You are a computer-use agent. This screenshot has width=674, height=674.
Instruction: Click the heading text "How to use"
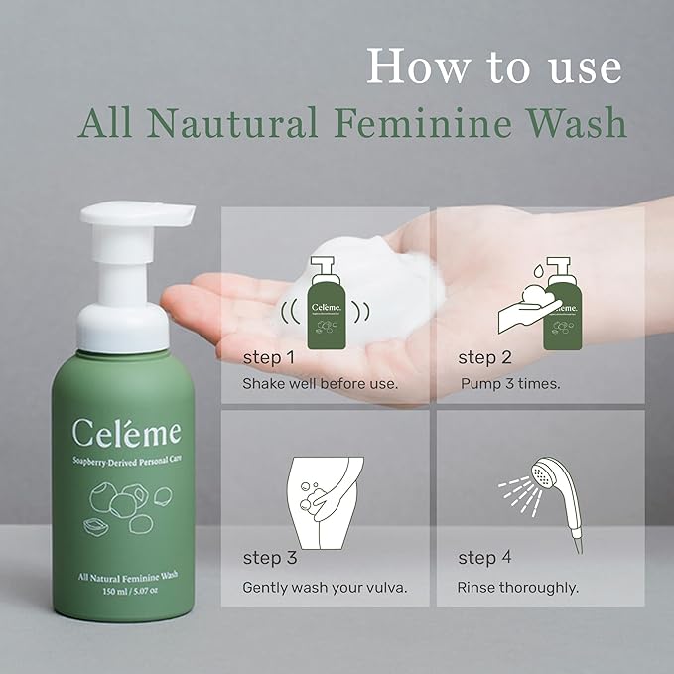pos(493,67)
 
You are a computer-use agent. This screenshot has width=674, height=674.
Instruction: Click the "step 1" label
pos(268,357)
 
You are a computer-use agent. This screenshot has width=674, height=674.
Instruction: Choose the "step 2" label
pos(483,357)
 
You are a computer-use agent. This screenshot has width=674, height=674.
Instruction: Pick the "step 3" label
pos(269,559)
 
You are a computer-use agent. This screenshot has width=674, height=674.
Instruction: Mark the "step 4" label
pos(483,559)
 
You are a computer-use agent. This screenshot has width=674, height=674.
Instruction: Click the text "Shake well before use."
pos(320,382)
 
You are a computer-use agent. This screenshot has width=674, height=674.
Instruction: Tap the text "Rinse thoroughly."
pos(517,587)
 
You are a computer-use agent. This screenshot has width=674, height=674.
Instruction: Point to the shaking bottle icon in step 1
pos(325,304)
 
